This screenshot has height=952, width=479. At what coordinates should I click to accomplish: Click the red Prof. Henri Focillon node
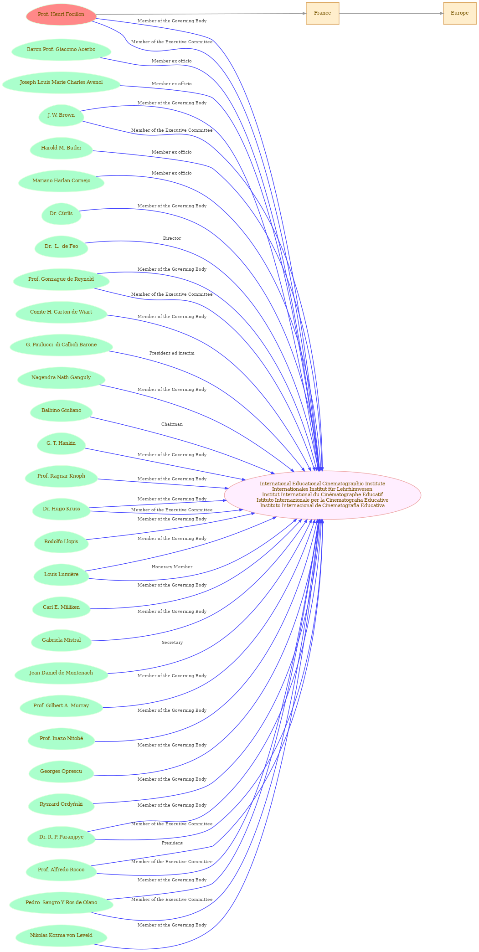pos(61,15)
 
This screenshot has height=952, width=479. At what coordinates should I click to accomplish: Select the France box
pos(322,13)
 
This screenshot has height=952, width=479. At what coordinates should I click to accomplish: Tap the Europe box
pos(459,13)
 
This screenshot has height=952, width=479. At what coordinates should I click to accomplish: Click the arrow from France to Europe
pos(391,13)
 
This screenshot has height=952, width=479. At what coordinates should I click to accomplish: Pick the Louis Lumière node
pos(61,574)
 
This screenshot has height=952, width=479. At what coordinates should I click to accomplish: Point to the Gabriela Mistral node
pos(61,640)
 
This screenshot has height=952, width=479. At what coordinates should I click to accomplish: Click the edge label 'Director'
pos(172,238)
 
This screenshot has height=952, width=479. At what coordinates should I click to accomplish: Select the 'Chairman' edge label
pos(172,424)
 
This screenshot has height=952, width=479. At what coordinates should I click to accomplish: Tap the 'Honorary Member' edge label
pos(172,567)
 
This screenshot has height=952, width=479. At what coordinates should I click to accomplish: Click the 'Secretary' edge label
pos(172,643)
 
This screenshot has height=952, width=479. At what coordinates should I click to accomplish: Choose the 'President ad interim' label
pos(172,353)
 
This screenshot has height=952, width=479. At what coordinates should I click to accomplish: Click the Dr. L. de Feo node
pos(61,246)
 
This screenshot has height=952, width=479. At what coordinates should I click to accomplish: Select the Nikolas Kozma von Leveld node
pos(61,935)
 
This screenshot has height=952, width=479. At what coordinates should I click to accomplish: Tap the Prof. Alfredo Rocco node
pos(61,870)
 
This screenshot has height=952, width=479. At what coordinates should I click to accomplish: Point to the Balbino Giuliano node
pos(61,410)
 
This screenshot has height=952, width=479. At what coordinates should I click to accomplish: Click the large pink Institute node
pos(322,495)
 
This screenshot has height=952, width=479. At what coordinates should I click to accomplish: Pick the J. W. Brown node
pos(61,115)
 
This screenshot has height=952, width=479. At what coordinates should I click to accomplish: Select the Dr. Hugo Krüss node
pos(61,509)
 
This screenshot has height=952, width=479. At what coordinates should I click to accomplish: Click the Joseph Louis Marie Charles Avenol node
pos(61,82)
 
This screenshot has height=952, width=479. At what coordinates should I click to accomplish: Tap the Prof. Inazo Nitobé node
pos(61,738)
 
